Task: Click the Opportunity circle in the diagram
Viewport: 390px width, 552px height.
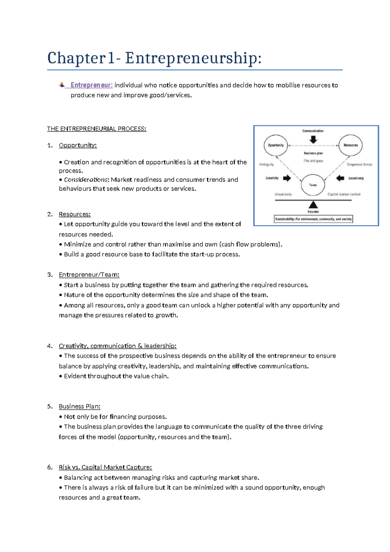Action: pos(276,145)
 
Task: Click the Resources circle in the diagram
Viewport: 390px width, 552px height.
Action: pos(350,145)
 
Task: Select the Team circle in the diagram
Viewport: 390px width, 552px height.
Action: pos(313,185)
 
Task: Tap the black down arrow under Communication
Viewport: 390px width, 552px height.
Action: pos(313,140)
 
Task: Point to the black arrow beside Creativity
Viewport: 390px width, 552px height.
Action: pos(287,178)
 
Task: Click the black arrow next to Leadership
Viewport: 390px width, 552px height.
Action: pos(340,178)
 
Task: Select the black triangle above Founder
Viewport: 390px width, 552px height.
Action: pos(313,205)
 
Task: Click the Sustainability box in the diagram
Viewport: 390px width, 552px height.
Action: pos(313,219)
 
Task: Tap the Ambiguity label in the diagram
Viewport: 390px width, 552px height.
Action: pos(266,164)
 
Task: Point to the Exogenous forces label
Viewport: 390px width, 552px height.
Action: pos(359,164)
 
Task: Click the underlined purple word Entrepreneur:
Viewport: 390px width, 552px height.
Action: pos(92,85)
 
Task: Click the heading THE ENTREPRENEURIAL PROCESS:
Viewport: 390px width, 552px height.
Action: pos(97,129)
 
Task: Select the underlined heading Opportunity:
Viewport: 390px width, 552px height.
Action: pos(78,145)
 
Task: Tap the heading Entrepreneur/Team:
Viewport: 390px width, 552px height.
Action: pos(89,275)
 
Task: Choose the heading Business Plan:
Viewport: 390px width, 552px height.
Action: pos(80,407)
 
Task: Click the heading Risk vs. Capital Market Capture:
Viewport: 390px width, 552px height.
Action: pos(105,467)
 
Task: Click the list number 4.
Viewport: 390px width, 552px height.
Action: pos(49,346)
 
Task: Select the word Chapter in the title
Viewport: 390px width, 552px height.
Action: pos(76,59)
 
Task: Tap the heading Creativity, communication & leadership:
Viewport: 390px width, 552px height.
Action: pos(118,346)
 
